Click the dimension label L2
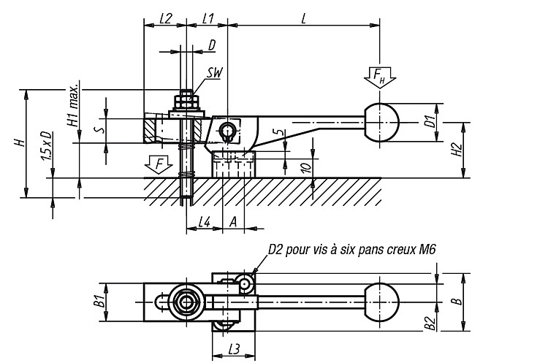[166, 18]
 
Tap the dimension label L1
[208, 18]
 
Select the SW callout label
[214, 72]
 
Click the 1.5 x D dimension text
[47, 146]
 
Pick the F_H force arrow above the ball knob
[379, 77]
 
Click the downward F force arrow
[159, 164]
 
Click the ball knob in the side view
[381, 122]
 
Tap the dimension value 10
[306, 168]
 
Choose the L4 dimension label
[205, 222]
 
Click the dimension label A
[233, 222]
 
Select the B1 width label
[100, 301]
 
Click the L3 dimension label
[235, 349]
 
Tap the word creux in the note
[398, 250]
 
